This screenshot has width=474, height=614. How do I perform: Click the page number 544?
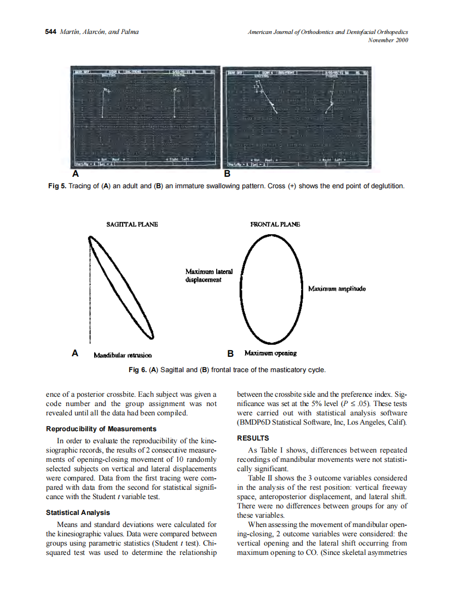tap(50, 32)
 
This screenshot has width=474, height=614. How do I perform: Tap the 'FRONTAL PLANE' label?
tap(275, 224)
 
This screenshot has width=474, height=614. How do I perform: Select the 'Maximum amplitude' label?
tap(337, 288)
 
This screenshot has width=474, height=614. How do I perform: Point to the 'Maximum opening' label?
tap(270, 353)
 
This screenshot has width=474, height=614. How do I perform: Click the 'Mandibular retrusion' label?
tap(123, 355)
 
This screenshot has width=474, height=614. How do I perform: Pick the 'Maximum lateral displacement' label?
tap(209, 275)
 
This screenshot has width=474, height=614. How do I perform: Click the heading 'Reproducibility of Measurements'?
tap(101, 428)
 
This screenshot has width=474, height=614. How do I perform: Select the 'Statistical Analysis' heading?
tap(78, 512)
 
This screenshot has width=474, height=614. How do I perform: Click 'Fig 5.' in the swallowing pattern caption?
tap(57, 186)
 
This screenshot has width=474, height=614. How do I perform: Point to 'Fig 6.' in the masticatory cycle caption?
tap(137, 370)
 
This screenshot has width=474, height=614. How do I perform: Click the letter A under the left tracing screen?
tap(76, 175)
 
